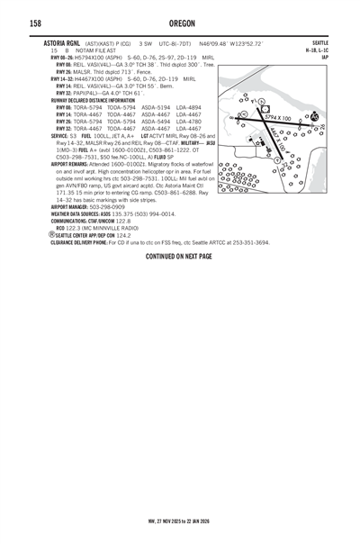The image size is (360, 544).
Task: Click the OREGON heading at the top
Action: coord(179,23)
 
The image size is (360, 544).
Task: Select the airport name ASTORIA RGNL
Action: coord(67,43)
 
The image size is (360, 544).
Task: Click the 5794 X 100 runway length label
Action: coord(277,118)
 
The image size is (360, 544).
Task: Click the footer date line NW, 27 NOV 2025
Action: coord(179,521)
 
